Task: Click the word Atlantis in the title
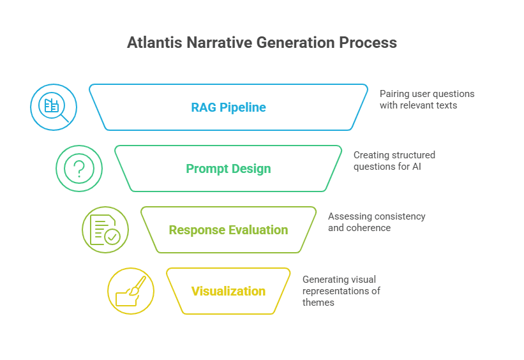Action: coord(154,43)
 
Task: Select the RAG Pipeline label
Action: coord(228,107)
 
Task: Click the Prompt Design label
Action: coord(228,169)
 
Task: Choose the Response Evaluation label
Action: coord(228,230)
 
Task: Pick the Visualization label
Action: coord(228,291)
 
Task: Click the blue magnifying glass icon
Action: coord(54,107)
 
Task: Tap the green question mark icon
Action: coord(79,169)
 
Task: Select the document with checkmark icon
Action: coord(105,230)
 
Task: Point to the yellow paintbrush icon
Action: coord(131,291)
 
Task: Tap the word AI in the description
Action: coord(416,167)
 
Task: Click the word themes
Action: coord(318,303)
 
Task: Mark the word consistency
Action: coord(400,216)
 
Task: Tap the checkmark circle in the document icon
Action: coord(112,237)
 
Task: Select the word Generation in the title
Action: coord(296,43)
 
